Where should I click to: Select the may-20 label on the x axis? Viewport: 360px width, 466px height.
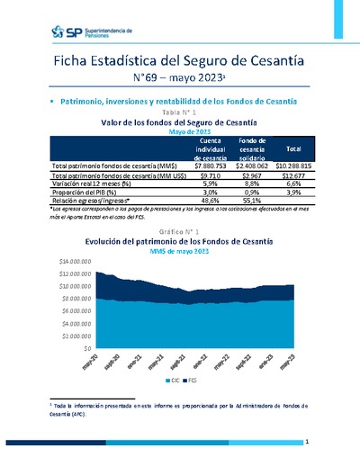[90, 364]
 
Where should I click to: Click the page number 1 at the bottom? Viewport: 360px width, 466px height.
[307, 443]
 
